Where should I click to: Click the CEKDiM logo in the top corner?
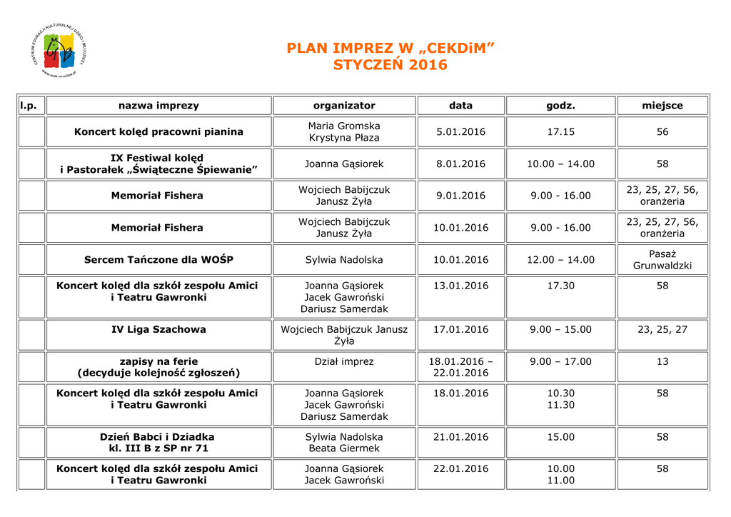coord(59,50)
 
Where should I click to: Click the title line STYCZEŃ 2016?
coord(390,65)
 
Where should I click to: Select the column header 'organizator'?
coord(344,106)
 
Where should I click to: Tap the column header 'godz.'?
coord(560,106)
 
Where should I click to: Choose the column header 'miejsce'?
coord(662,106)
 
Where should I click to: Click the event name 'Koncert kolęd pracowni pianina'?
coord(158,132)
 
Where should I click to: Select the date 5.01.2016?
coord(460,132)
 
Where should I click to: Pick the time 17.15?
coord(560,132)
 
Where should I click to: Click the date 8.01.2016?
coord(460,164)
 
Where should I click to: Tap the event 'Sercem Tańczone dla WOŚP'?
coord(158,260)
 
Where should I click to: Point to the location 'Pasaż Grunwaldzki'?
coord(662,260)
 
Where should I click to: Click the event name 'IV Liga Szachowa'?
coord(158,330)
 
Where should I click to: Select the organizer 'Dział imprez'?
coord(344,362)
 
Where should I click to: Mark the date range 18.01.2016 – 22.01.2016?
coord(460,367)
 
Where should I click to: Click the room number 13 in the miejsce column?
coord(662,362)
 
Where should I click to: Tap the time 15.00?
coord(560,437)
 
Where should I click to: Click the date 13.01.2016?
coord(460,286)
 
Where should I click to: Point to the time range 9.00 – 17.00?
coord(560,362)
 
